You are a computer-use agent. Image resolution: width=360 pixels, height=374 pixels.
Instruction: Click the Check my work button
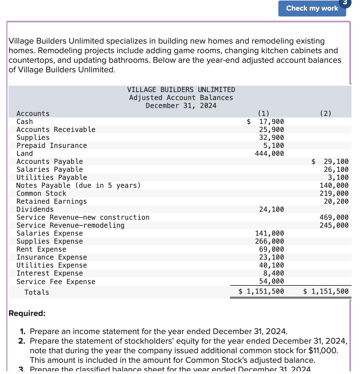[x=312, y=9]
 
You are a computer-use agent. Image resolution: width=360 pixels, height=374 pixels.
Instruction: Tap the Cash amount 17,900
[x=271, y=122]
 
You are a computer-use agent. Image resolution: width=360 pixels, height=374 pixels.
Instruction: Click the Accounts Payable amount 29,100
[x=336, y=161]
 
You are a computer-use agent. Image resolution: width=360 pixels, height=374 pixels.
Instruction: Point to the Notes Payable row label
[x=78, y=185]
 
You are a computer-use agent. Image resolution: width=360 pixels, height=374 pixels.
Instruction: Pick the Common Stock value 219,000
[x=334, y=193]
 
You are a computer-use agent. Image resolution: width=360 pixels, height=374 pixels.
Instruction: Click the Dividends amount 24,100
[x=271, y=209]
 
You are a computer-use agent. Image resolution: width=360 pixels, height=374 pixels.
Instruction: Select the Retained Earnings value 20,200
[x=336, y=201]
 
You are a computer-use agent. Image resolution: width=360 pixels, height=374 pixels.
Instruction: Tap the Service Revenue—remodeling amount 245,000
[x=334, y=225]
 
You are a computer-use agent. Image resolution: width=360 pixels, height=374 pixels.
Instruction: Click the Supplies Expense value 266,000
[x=269, y=241]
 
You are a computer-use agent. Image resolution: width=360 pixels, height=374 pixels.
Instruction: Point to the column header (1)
[x=263, y=114]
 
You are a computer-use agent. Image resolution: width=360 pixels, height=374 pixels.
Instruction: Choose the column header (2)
[x=325, y=114]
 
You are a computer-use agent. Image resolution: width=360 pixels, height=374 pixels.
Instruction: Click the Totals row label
[x=37, y=292]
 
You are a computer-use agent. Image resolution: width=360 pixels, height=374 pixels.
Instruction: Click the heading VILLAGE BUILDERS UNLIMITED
[x=181, y=90]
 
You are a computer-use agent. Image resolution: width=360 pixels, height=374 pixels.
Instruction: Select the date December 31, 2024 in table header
[x=181, y=106]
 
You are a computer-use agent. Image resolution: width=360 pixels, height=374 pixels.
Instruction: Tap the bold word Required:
[x=27, y=313]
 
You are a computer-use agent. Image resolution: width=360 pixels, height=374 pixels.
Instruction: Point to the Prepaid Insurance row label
[x=52, y=146]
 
